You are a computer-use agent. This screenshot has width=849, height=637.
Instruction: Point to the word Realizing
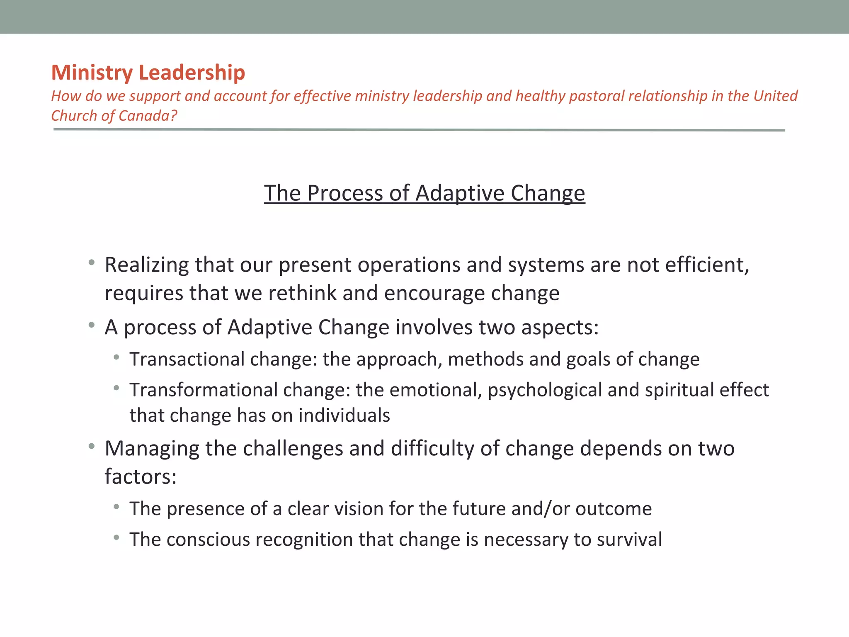(147, 265)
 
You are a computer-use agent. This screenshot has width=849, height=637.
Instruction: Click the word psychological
(545, 390)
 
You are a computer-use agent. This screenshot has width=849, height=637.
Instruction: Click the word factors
(140, 477)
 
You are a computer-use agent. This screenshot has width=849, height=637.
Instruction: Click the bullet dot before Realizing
(92, 263)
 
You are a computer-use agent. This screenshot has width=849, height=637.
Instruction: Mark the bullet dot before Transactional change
(116, 357)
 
